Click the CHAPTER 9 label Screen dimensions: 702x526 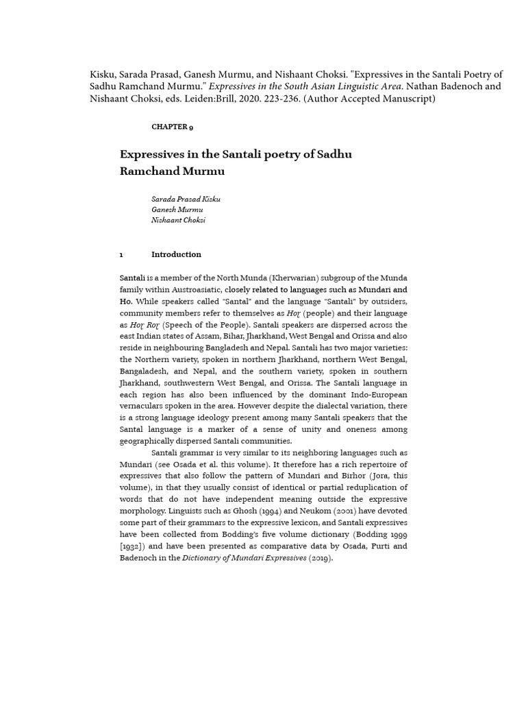(172, 127)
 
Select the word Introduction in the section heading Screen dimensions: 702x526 (176, 254)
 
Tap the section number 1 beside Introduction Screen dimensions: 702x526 (121, 254)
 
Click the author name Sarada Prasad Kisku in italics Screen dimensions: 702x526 (186, 199)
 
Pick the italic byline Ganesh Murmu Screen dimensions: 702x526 (177, 209)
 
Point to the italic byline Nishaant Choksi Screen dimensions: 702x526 (178, 220)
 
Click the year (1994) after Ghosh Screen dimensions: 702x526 (258, 511)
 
